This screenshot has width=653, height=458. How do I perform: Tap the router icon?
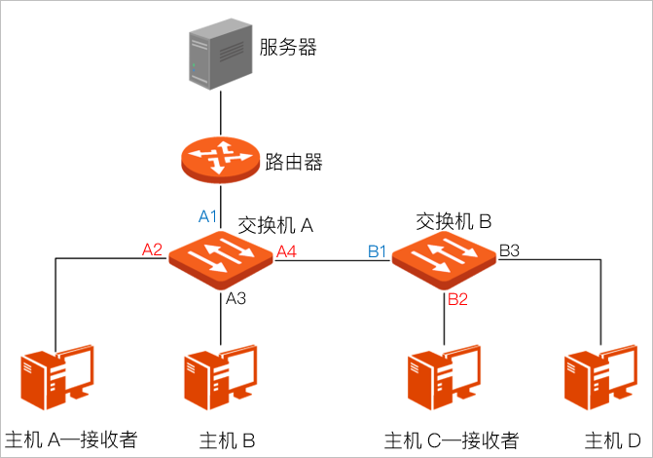click(221, 158)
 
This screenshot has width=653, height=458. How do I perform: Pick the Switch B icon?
click(444, 260)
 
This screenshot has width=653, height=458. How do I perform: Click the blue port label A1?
click(208, 216)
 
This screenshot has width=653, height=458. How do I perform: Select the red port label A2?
click(152, 249)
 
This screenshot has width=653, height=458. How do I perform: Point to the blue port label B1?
click(378, 252)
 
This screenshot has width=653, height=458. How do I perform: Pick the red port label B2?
click(457, 299)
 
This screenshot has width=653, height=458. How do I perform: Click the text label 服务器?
click(288, 47)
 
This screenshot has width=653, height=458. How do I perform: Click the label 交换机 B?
click(453, 221)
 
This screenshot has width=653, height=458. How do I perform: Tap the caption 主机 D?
click(612, 439)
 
